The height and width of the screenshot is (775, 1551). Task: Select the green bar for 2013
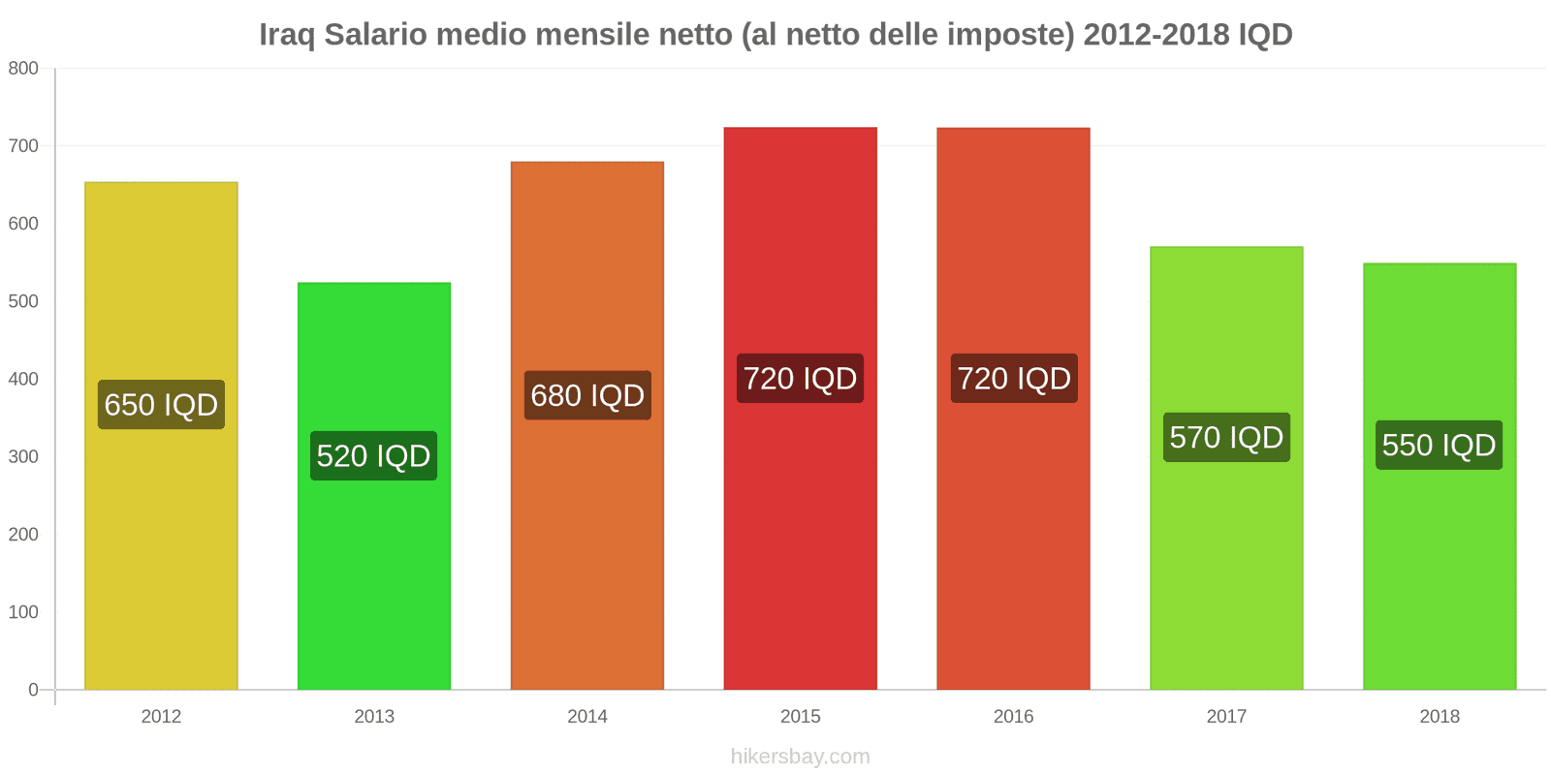[374, 581]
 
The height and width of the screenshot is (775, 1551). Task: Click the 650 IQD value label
[161, 405]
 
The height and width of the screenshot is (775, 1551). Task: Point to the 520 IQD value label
[374, 456]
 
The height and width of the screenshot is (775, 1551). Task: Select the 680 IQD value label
[587, 395]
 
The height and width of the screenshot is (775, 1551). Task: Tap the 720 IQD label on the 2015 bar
[800, 379]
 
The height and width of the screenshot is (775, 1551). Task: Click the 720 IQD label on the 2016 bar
[1014, 379]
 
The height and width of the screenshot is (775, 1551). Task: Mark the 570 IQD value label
[1226, 438]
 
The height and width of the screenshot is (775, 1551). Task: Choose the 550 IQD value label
[1439, 446]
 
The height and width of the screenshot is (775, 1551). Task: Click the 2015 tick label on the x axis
[800, 717]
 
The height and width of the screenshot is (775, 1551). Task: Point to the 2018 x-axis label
[1439, 717]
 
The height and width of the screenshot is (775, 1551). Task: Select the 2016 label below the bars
[1013, 717]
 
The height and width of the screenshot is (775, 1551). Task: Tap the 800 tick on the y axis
[23, 69]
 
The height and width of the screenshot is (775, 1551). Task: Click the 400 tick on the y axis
[23, 380]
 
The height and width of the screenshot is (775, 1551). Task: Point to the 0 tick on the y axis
[33, 690]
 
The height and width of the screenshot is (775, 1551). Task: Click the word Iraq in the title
[287, 35]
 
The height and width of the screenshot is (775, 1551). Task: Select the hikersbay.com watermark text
[800, 757]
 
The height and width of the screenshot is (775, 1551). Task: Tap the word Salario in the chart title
[375, 35]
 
